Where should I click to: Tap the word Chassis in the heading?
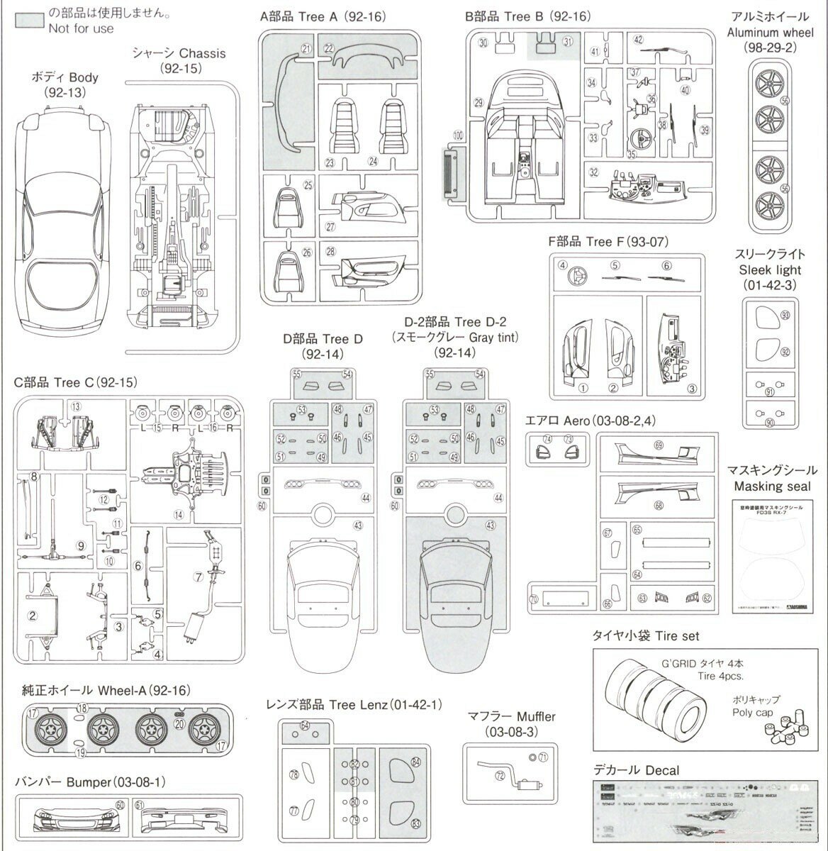click(202, 53)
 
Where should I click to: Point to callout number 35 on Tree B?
click(632, 152)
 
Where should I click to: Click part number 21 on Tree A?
click(306, 48)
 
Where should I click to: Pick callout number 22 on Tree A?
click(329, 48)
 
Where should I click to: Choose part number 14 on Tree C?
click(179, 513)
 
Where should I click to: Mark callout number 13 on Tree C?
click(76, 406)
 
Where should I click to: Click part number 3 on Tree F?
click(692, 388)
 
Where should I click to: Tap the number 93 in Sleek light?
click(785, 315)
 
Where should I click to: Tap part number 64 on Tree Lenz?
click(305, 725)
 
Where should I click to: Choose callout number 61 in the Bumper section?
click(140, 805)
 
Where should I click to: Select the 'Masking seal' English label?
click(772, 486)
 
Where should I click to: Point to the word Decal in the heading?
click(662, 770)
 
